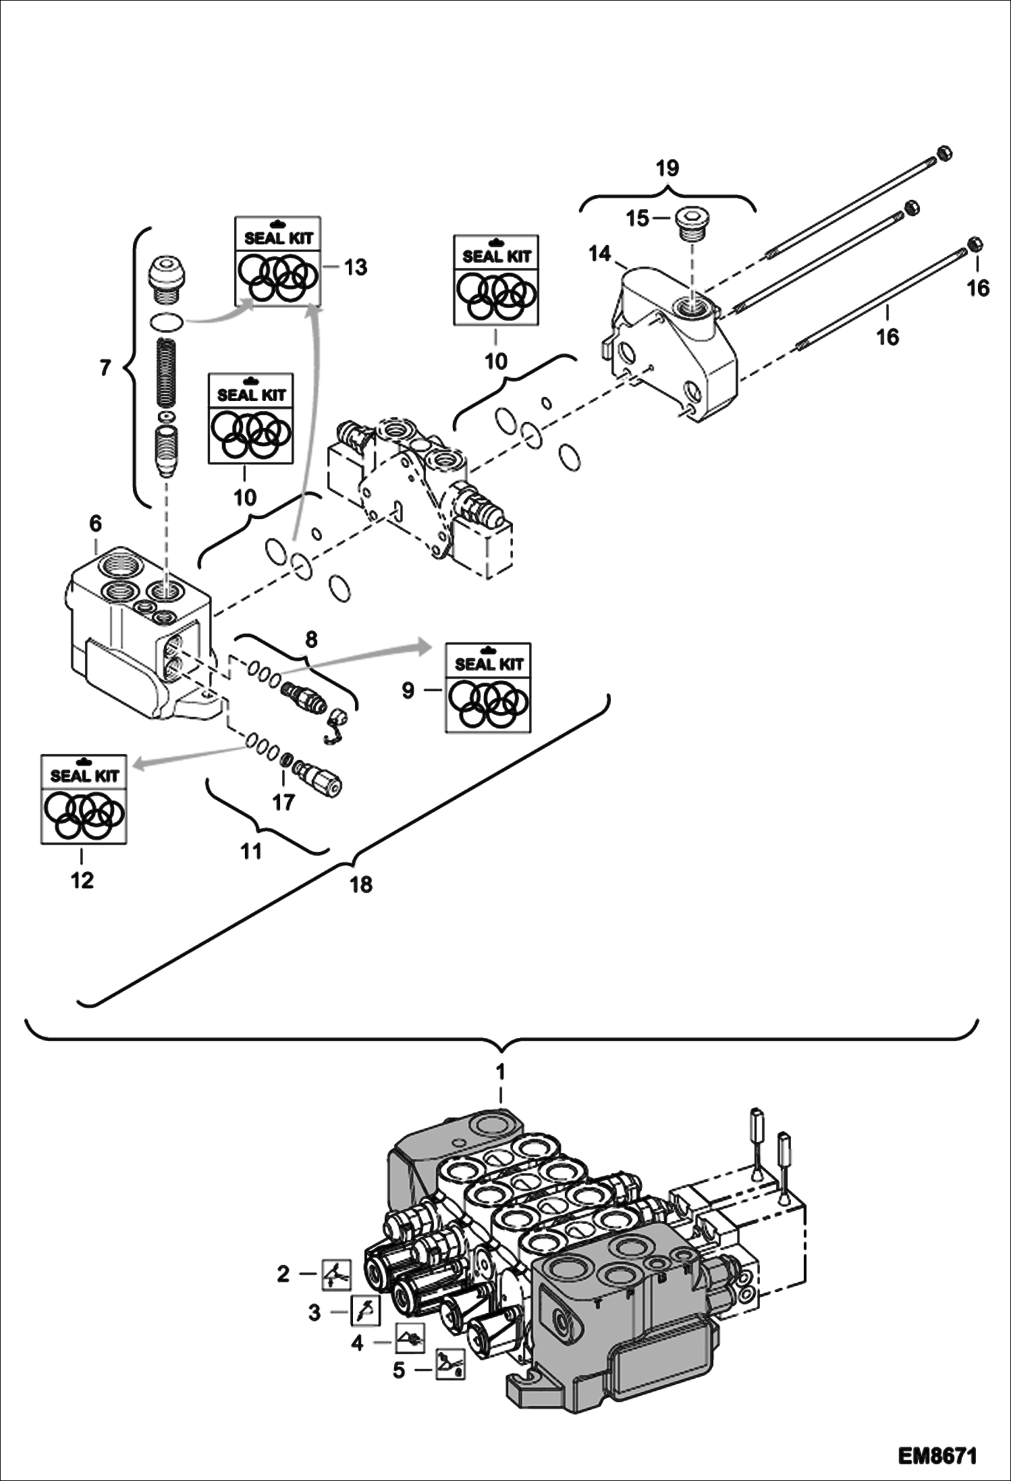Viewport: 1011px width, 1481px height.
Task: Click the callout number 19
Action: [667, 168]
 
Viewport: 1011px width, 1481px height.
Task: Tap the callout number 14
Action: [599, 254]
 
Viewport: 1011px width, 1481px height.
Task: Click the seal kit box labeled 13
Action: [277, 261]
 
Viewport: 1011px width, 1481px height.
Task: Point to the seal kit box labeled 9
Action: [488, 687]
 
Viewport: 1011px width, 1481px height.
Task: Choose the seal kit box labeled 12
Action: [84, 799]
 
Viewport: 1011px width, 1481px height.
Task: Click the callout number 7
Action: [105, 368]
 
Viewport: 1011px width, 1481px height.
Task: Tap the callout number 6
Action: [95, 523]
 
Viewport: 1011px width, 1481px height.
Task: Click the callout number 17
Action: [283, 802]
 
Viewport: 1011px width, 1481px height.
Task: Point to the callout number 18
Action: [361, 884]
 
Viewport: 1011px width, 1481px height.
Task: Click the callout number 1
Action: [500, 1071]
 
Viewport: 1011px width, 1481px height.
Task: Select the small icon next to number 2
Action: [335, 1274]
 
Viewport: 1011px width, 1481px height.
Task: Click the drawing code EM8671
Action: [937, 1455]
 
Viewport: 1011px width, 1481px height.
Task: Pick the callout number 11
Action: [251, 851]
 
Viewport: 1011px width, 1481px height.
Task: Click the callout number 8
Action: [310, 639]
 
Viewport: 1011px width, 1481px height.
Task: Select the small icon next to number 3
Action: [365, 1311]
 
